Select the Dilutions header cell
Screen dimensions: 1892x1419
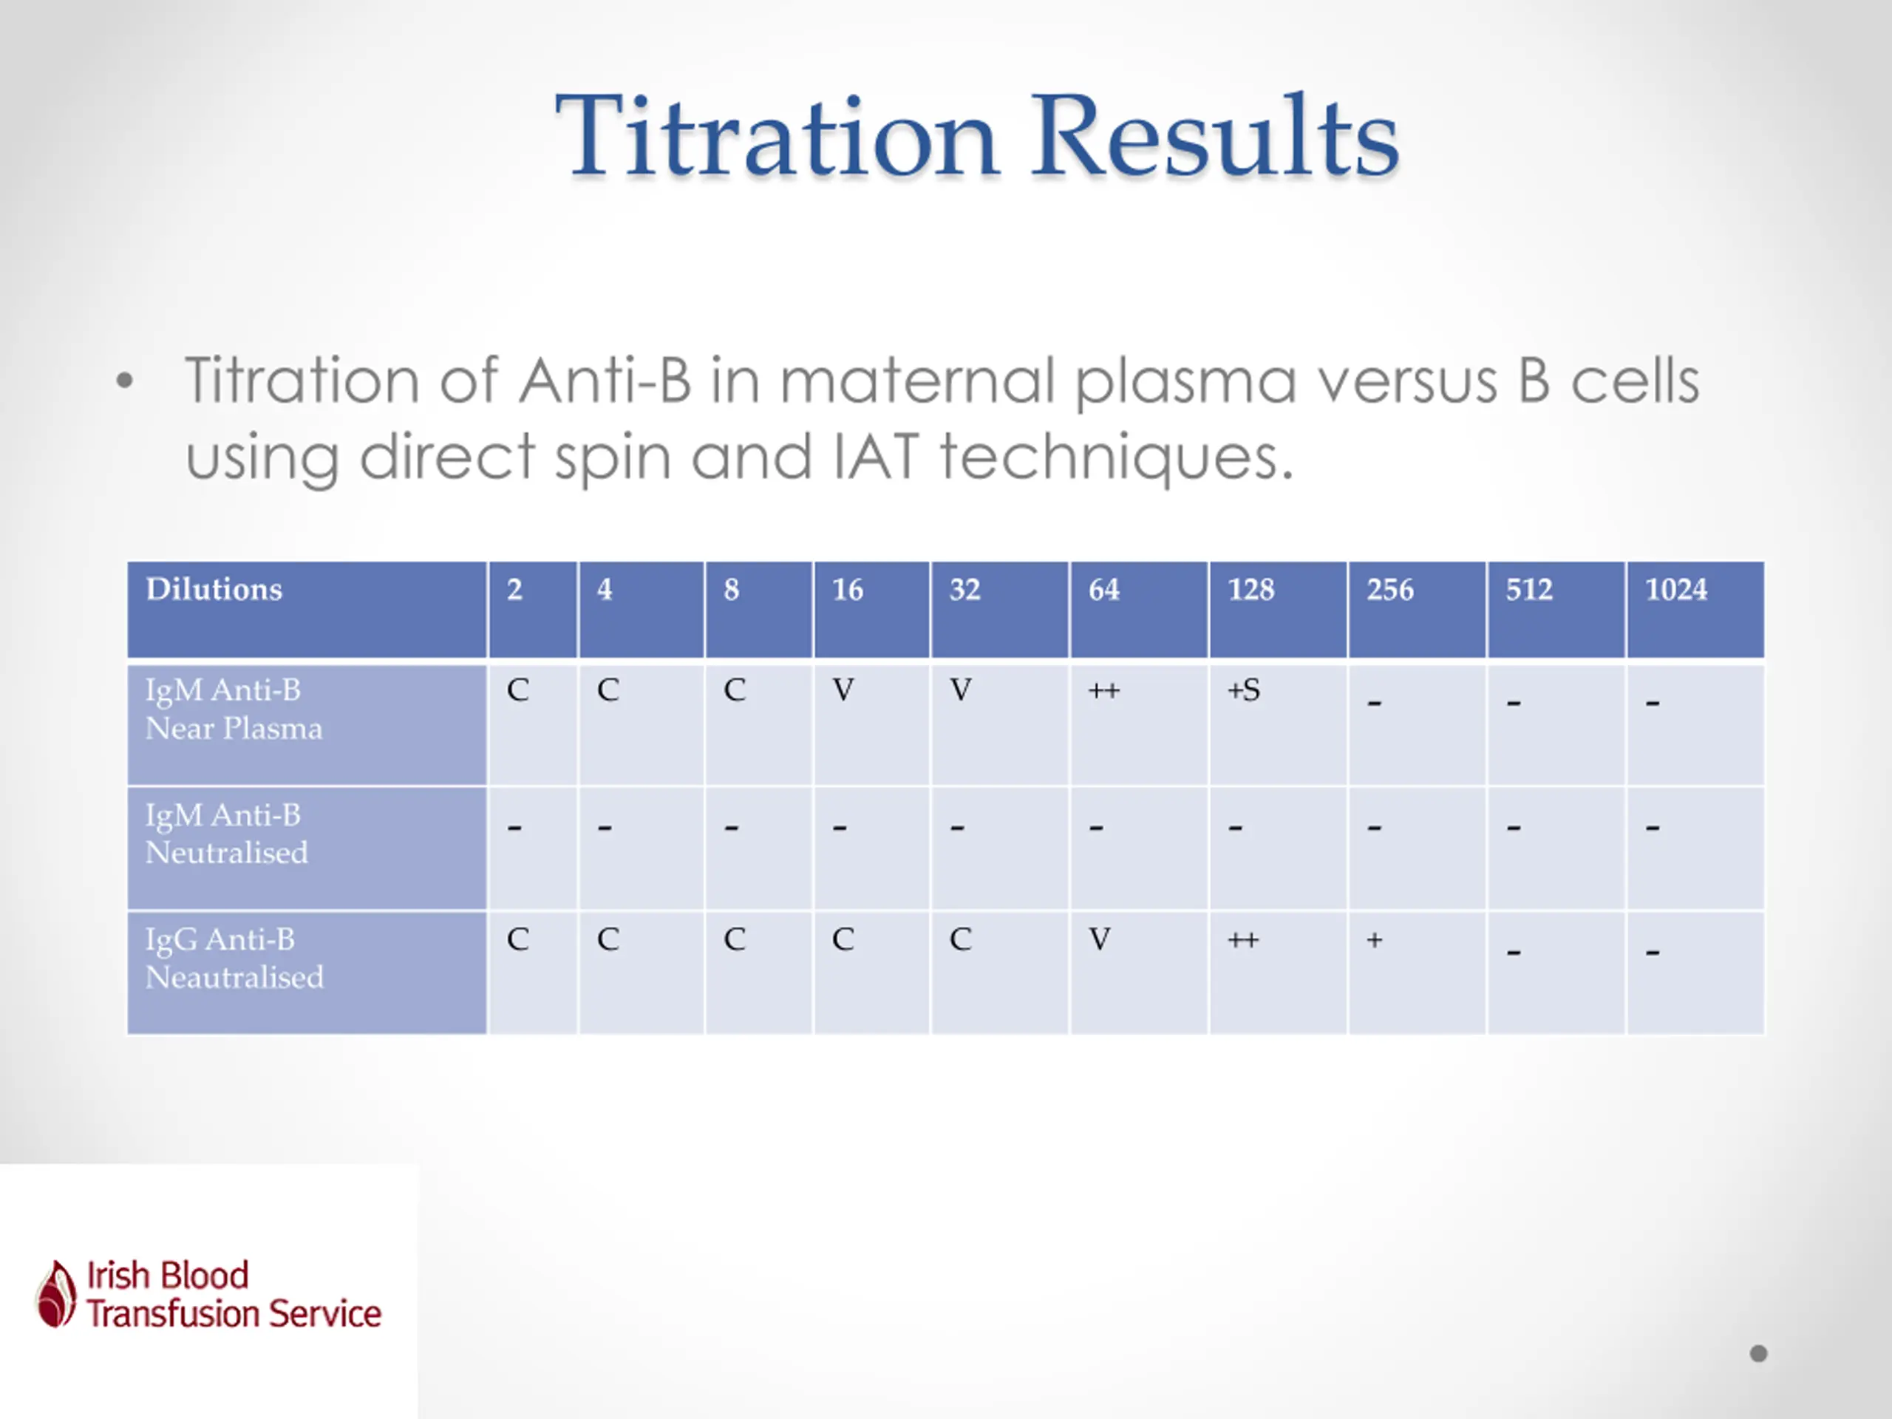[x=307, y=610]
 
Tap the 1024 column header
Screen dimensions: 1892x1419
[x=1695, y=610]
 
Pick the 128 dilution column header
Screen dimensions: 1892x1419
[x=1278, y=610]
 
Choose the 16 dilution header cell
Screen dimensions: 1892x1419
[x=871, y=610]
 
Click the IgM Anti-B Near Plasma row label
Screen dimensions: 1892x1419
[x=307, y=725]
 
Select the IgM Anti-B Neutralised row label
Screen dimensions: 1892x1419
[x=307, y=848]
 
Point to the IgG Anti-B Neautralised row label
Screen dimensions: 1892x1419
[x=307, y=973]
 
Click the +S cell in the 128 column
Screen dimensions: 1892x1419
[x=1244, y=690]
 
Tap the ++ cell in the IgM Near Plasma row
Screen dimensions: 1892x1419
[x=1103, y=690]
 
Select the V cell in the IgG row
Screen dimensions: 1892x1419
[x=1100, y=939]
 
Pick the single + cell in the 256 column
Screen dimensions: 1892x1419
[x=1375, y=940]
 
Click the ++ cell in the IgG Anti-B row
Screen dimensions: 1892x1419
[x=1243, y=940]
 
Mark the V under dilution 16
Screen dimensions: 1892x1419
[x=843, y=690]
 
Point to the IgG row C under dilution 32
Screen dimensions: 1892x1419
[x=961, y=939]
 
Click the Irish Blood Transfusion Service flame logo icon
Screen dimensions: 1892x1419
[x=56, y=1293]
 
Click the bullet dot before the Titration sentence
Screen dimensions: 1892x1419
[x=125, y=381]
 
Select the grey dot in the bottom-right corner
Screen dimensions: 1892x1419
[x=1758, y=1353]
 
